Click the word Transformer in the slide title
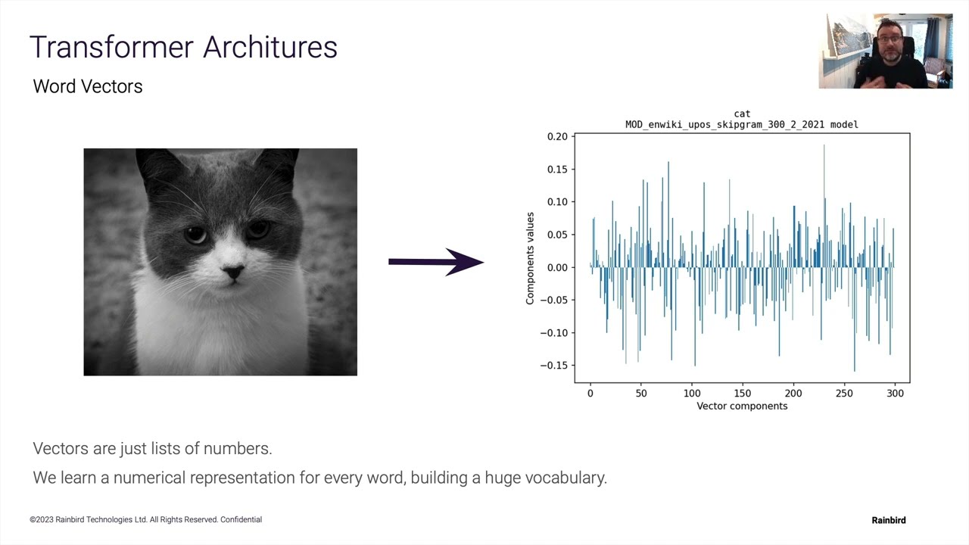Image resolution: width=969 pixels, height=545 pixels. coord(111,47)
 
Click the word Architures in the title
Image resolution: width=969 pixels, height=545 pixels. coord(270,47)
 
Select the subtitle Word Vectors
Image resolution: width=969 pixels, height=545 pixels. coord(88,86)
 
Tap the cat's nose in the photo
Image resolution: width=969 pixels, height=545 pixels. coord(232,272)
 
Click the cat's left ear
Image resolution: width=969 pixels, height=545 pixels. coord(155,168)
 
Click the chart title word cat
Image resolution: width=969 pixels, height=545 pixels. coord(742,114)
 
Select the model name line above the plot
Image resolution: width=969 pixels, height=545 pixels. coord(742,124)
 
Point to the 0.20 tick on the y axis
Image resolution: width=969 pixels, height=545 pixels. coord(557,137)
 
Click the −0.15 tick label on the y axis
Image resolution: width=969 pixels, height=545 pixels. coord(554,366)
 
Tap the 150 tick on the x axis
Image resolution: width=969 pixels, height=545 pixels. coord(743,393)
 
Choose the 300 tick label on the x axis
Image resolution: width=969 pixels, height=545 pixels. coord(895,393)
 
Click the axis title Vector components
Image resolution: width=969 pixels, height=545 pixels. coord(742,406)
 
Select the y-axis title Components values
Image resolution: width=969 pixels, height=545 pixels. coord(530,259)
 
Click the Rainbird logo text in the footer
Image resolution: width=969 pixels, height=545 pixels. coord(888,520)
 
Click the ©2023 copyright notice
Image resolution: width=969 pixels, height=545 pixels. coord(145,520)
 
